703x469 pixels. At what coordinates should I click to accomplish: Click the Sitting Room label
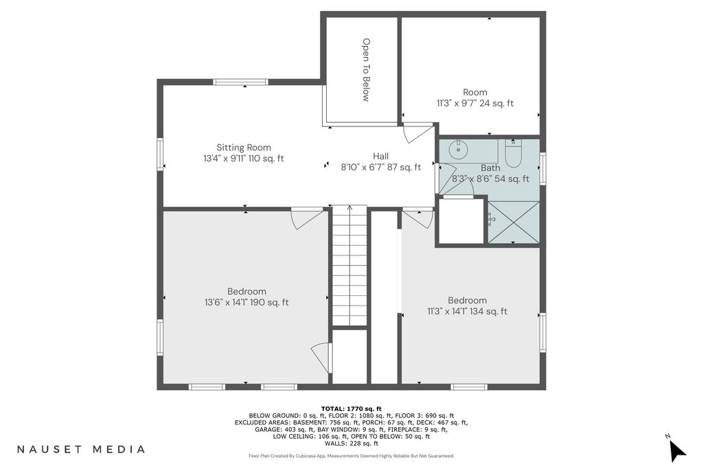[244, 148]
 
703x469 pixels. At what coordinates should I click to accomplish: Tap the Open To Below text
[367, 70]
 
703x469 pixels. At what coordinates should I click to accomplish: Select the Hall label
[380, 157]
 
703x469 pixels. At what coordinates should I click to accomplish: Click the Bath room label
[490, 168]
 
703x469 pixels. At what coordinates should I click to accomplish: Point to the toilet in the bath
[514, 153]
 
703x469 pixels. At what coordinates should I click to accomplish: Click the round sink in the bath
[458, 149]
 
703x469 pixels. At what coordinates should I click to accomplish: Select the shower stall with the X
[514, 222]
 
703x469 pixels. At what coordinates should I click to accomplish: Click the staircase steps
[349, 265]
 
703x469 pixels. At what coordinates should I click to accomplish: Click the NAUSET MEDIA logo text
[81, 449]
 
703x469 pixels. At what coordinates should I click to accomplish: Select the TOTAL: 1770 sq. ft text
[351, 409]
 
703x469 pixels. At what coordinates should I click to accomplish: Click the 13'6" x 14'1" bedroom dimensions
[246, 303]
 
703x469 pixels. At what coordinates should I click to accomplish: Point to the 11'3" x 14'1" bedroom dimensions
[467, 312]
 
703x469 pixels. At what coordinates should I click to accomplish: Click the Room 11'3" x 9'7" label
[475, 98]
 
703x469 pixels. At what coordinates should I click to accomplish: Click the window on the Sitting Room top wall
[240, 82]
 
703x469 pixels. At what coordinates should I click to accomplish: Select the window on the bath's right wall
[543, 169]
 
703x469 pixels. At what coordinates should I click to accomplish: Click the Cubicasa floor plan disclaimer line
[351, 456]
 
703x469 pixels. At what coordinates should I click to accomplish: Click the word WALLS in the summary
[334, 444]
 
